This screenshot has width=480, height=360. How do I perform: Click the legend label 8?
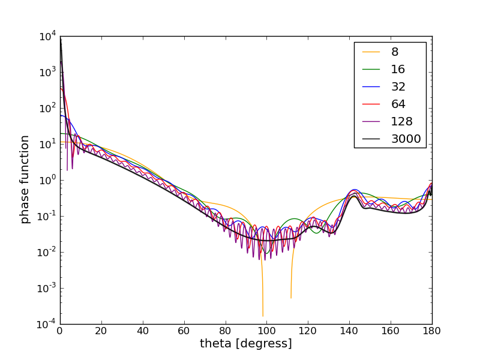pyautogui.click(x=395, y=52)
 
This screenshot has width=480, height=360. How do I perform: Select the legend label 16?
pyautogui.click(x=398, y=70)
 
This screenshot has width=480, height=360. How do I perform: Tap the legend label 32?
pyautogui.click(x=398, y=87)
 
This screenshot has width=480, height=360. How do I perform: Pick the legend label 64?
pyautogui.click(x=398, y=104)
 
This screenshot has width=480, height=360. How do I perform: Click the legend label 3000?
pyautogui.click(x=406, y=139)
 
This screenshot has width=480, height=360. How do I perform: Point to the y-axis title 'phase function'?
pyautogui.click(x=25, y=179)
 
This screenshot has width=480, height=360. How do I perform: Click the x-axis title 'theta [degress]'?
pyautogui.click(x=246, y=344)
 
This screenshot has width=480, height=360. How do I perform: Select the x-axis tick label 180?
pyautogui.click(x=432, y=330)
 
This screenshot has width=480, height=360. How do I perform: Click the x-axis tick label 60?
pyautogui.click(x=184, y=330)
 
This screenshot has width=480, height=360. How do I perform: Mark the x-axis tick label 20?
pyautogui.click(x=101, y=330)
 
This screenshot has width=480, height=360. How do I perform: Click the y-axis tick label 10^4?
pyautogui.click(x=48, y=36)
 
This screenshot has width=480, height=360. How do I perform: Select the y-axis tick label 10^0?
pyautogui.click(x=48, y=180)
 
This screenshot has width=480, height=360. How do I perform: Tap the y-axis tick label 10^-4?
pyautogui.click(x=47, y=324)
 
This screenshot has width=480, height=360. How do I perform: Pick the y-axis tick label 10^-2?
pyautogui.click(x=47, y=252)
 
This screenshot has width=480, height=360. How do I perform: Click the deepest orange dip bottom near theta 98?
pyautogui.click(x=263, y=316)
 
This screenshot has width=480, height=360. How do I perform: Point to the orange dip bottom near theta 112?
pyautogui.click(x=291, y=298)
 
